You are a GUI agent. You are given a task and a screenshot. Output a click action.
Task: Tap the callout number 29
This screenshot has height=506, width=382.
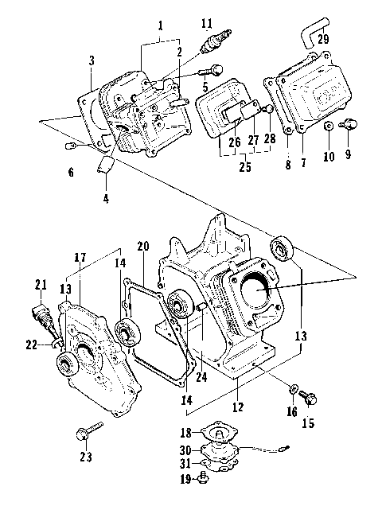pos(322,40)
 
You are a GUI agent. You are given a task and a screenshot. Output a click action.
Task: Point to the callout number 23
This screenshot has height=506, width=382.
pos(86,457)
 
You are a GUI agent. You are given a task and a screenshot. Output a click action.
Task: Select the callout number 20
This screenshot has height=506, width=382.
pos(143,247)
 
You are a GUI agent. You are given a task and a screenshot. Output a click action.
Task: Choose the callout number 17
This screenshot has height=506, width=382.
pos(80,258)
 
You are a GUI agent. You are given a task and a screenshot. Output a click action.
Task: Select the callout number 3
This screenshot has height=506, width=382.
pos(92,60)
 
